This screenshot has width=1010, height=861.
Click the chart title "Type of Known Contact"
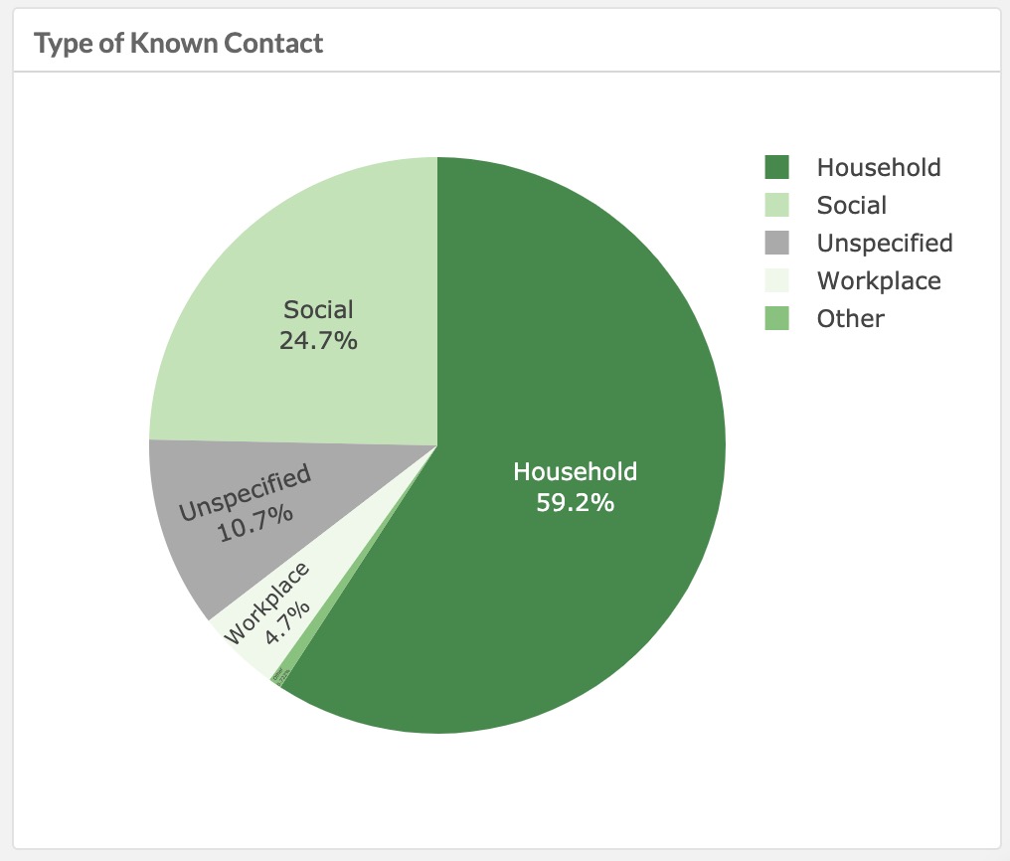coord(178,44)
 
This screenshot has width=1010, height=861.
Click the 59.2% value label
coord(575,503)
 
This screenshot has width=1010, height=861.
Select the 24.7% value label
coord(318,340)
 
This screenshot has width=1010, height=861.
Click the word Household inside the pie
coord(575,472)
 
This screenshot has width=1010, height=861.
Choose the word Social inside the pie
coord(318,309)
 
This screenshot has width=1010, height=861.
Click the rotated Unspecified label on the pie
coord(245,492)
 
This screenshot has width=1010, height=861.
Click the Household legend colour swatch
coord(776,167)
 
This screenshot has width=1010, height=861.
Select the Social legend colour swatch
coord(776,205)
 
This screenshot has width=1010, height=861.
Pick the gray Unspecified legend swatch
coord(776,243)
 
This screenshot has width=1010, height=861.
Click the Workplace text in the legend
coord(879,280)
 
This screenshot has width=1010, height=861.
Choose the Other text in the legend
coord(850,318)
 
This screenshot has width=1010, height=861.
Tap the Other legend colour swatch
coord(776,318)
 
